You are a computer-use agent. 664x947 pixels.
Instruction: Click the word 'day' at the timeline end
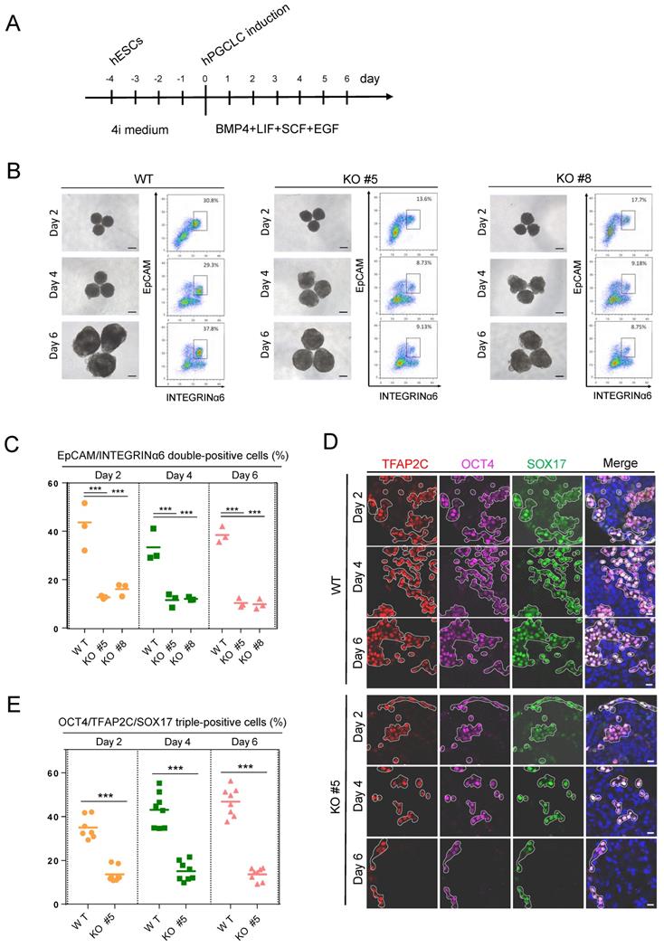coord(371,80)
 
